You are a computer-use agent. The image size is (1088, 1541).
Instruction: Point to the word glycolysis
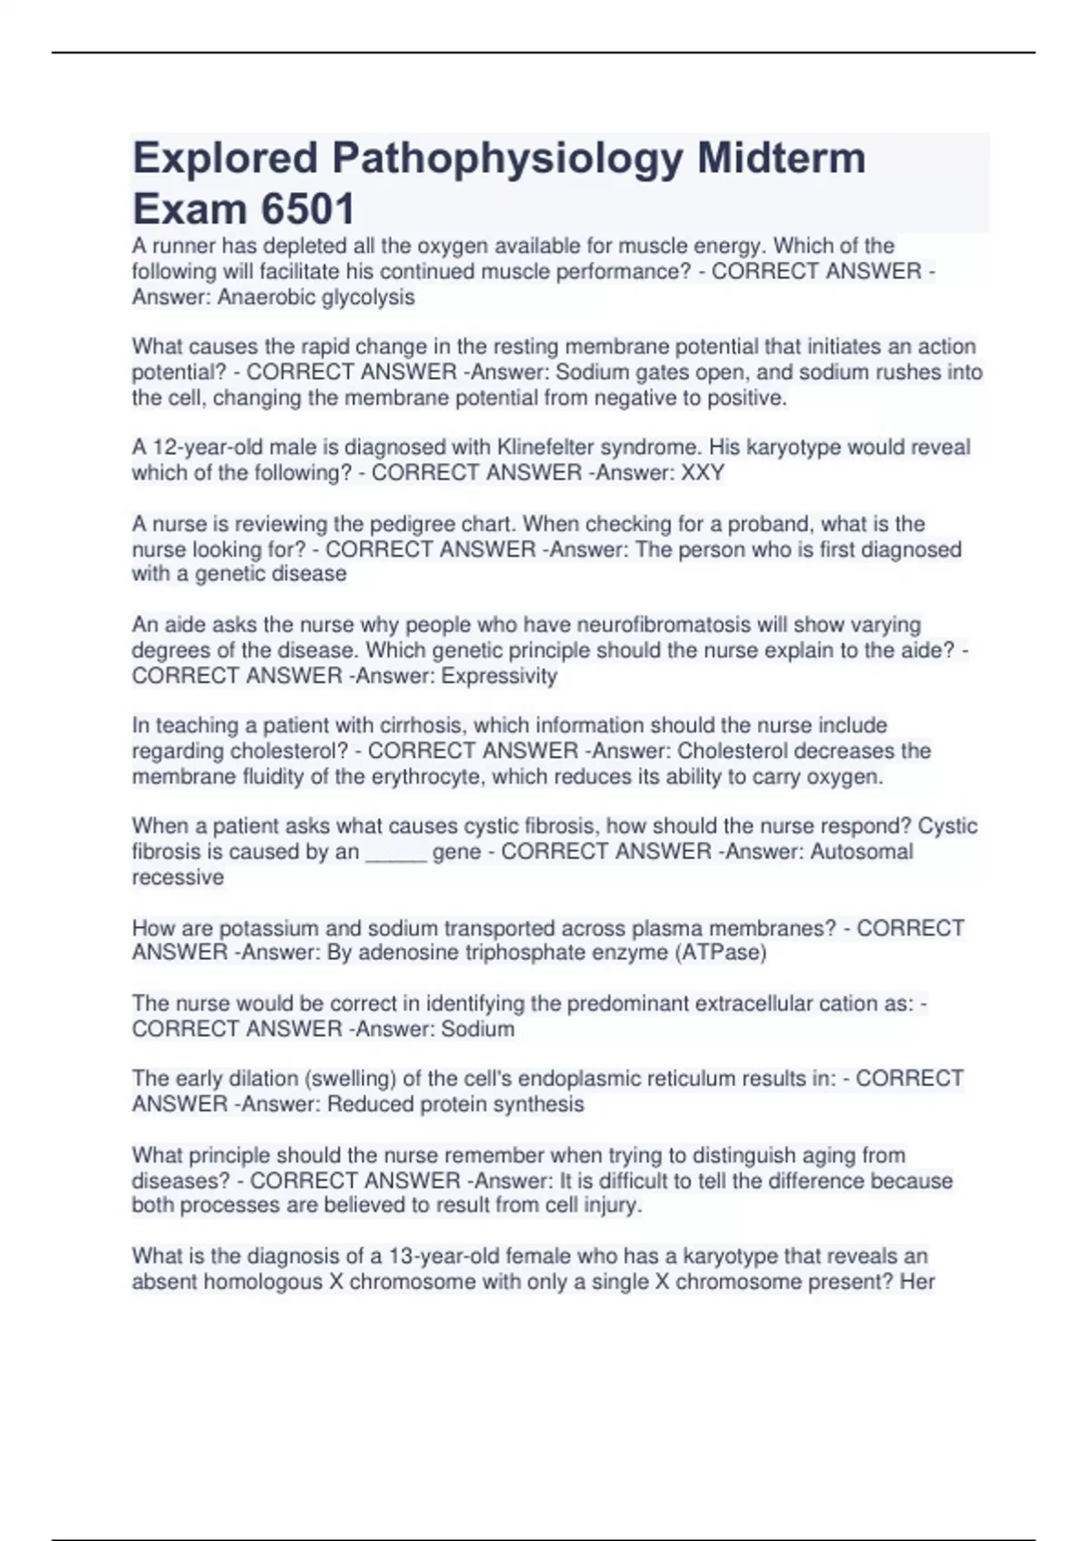pyautogui.click(x=369, y=297)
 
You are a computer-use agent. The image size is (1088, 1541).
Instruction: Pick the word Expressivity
pyautogui.click(x=500, y=676)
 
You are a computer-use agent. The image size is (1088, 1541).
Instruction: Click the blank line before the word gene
pyautogui.click(x=395, y=853)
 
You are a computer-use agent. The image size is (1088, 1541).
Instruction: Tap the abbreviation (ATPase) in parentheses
pyautogui.click(x=723, y=953)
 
